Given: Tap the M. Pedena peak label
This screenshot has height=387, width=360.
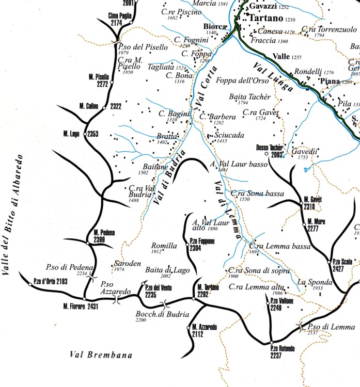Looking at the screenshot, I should [x=104, y=233].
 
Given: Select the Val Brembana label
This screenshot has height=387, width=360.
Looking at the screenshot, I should [x=101, y=355].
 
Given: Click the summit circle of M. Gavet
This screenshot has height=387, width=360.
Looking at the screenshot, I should [x=302, y=204].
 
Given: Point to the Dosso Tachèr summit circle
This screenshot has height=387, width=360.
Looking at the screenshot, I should [x=267, y=154].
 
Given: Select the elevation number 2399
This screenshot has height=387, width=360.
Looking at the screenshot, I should [x=100, y=240].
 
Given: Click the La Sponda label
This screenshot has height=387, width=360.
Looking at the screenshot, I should [x=314, y=282].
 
